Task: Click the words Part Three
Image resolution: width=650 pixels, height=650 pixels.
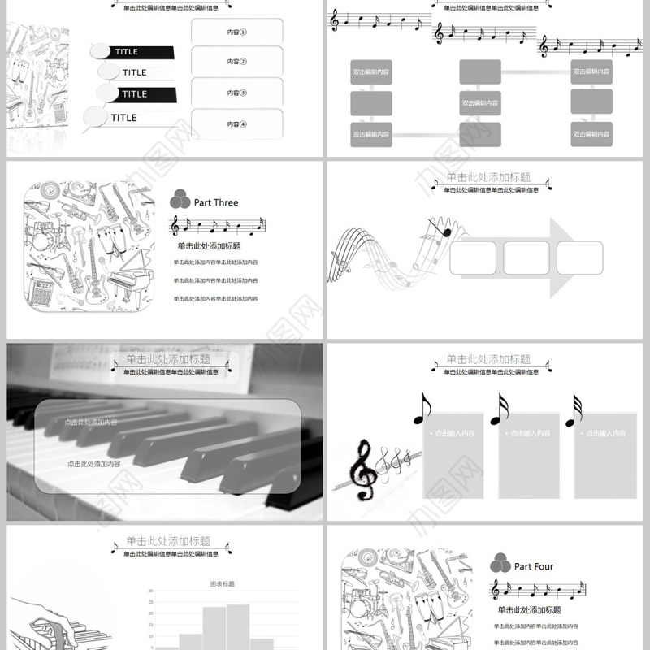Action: click(216, 202)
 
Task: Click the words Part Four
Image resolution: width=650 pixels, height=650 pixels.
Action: click(534, 566)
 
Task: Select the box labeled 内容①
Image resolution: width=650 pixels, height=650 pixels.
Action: click(236, 33)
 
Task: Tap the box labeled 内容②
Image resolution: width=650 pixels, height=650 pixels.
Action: click(236, 62)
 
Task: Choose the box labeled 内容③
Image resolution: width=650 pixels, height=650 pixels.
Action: click(236, 93)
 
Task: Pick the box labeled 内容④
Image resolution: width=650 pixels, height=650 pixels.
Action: click(236, 123)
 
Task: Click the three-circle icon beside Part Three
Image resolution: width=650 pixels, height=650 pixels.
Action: click(180, 200)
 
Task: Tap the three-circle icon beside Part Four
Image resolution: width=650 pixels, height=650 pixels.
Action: click(500, 564)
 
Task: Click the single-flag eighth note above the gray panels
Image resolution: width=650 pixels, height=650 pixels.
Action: click(421, 409)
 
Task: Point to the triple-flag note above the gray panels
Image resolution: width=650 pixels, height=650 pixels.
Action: click(574, 410)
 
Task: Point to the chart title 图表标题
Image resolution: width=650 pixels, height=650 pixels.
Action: click(222, 583)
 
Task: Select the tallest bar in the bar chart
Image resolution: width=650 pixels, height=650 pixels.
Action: click(238, 626)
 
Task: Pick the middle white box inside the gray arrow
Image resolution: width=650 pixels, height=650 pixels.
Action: click(526, 258)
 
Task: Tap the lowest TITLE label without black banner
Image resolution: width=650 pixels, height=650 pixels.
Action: click(123, 118)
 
